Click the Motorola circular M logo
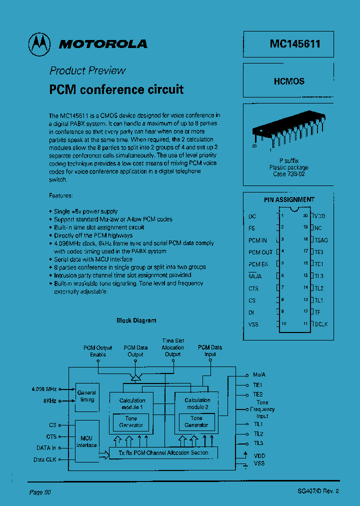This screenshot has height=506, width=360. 39,44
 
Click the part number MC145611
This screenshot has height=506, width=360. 295,44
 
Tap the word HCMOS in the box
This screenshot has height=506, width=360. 289,81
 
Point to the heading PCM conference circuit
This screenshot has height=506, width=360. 116,89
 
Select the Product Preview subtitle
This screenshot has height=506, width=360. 87,70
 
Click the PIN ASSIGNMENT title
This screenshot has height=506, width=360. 289,199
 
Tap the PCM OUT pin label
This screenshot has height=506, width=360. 260,252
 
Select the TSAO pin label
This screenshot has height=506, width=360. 321,240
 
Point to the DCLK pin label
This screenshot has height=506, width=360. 321,324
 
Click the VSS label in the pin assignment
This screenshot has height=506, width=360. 253,324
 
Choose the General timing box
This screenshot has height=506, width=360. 86,396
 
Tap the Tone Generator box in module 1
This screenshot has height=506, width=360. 131,422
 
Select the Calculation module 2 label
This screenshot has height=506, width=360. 197,403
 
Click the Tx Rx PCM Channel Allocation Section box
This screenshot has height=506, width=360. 164,453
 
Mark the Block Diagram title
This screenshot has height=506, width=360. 136,320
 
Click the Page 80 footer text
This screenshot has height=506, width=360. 40,492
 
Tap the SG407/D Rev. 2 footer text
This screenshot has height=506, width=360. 318,491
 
